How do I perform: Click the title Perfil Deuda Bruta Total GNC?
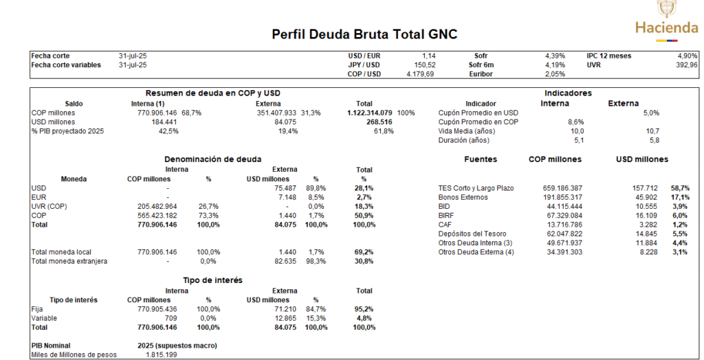[364, 34]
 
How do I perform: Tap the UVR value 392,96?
[686, 65]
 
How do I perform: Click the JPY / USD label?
[364, 65]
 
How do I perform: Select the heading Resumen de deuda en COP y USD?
[212, 93]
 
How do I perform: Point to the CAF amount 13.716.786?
[558, 225]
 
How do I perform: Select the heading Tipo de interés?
[212, 280]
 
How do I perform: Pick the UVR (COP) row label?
[51, 206]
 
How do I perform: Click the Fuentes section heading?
[480, 159]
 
